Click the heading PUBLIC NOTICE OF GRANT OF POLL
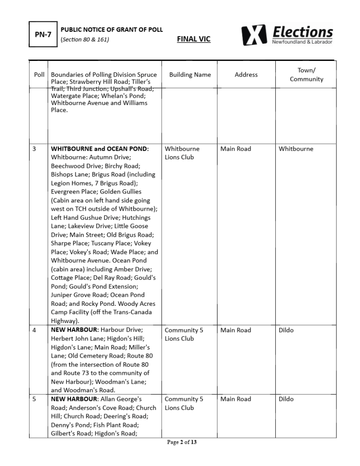click(112, 30)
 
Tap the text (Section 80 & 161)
click(85, 39)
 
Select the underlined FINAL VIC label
click(193, 39)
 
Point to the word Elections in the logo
click(303, 32)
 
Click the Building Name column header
click(190, 75)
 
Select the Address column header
click(246, 75)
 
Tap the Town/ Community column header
click(306, 75)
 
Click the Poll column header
click(39, 75)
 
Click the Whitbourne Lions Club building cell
click(182, 153)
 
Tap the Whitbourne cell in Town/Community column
click(296, 149)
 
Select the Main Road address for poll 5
click(236, 399)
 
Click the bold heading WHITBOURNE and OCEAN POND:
click(100, 149)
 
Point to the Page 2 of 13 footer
click(182, 442)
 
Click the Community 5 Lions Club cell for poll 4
click(184, 334)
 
